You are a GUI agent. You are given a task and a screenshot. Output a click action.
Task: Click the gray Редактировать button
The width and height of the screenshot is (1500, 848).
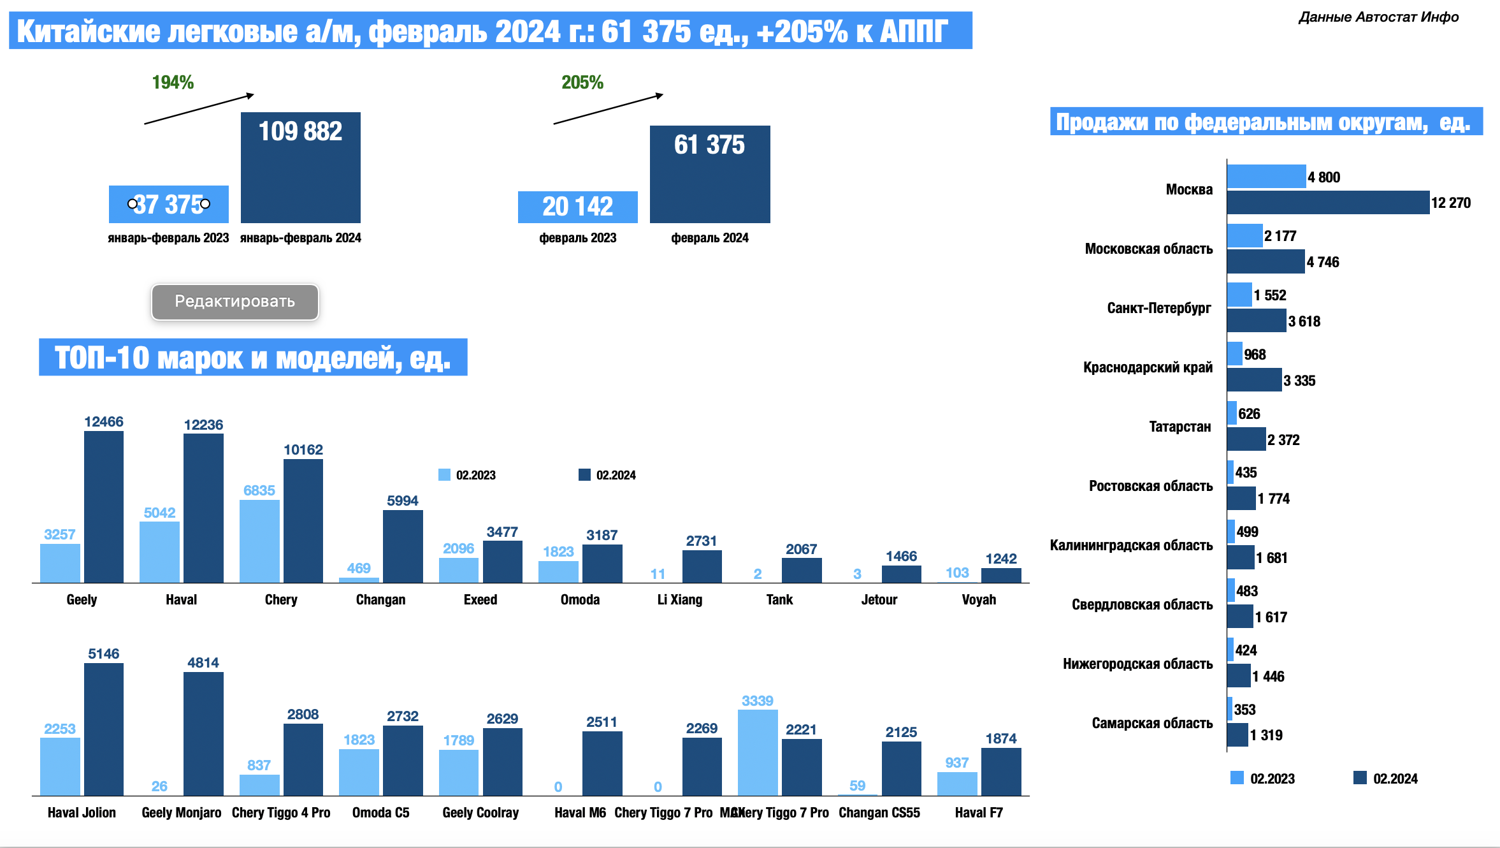coord(234,302)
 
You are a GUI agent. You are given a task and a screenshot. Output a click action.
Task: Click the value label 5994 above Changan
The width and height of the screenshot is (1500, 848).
coord(403,501)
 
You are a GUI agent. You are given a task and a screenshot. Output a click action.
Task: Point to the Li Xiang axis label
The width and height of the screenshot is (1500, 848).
coord(679,599)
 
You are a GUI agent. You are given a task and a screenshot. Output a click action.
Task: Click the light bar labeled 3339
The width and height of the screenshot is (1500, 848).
coord(758,752)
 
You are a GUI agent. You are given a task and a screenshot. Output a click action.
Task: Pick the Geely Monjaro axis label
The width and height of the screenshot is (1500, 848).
coord(182,812)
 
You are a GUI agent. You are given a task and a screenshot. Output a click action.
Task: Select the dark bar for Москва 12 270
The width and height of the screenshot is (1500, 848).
coord(1327,203)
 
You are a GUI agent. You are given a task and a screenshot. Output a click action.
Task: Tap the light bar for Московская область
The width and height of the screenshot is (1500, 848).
coord(1244,236)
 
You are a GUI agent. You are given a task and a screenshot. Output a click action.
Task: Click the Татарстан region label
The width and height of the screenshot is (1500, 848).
coord(1179,427)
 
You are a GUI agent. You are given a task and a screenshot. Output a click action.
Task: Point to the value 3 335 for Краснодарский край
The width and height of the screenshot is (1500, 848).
coord(1299,381)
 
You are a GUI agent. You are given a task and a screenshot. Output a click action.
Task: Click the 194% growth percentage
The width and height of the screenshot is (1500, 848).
coord(173,82)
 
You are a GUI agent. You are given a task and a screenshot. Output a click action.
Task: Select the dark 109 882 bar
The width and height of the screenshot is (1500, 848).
coord(300,168)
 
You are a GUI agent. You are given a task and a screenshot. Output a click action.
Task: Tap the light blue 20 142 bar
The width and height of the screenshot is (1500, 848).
coord(577,207)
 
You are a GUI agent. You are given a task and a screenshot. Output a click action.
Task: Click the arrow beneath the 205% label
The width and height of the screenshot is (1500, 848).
coord(608,109)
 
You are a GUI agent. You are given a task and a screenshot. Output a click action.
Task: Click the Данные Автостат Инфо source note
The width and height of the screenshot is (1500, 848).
coord(1378,17)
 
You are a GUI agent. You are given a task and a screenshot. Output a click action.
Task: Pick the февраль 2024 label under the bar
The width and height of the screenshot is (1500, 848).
coord(709,238)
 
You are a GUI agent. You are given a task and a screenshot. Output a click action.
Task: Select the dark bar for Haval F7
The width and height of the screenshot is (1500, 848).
coord(1001,771)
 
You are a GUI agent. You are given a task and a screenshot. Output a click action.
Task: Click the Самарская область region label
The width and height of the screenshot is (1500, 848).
coord(1152,723)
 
